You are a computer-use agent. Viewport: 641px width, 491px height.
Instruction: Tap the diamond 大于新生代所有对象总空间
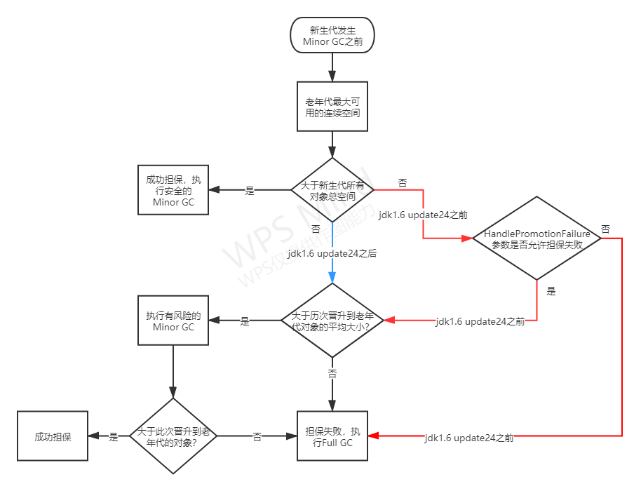click(x=332, y=190)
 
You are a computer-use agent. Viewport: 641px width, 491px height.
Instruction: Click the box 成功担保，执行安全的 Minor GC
click(x=173, y=190)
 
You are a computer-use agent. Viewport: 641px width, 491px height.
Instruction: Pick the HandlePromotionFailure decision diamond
click(x=537, y=238)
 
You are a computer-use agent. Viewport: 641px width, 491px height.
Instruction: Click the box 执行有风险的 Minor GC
click(x=173, y=320)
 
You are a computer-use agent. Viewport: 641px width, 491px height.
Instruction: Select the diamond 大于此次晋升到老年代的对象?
click(x=173, y=436)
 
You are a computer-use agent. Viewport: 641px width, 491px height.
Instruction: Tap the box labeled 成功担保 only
click(x=53, y=436)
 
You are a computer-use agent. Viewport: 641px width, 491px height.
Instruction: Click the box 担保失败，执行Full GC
click(x=332, y=436)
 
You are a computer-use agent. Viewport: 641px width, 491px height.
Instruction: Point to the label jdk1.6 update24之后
click(x=332, y=253)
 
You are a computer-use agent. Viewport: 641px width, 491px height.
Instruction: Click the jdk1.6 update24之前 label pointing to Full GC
click(x=469, y=438)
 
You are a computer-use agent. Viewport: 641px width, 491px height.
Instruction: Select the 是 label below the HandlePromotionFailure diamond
click(x=551, y=291)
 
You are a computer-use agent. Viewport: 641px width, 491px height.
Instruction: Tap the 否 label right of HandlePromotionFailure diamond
click(x=605, y=229)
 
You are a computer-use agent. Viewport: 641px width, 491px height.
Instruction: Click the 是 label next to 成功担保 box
click(x=114, y=436)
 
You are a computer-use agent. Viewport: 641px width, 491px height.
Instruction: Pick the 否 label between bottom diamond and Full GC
click(x=257, y=436)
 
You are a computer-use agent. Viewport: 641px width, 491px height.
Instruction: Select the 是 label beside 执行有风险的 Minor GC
click(x=245, y=321)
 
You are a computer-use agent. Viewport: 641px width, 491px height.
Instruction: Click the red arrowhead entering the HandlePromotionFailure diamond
click(x=468, y=239)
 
